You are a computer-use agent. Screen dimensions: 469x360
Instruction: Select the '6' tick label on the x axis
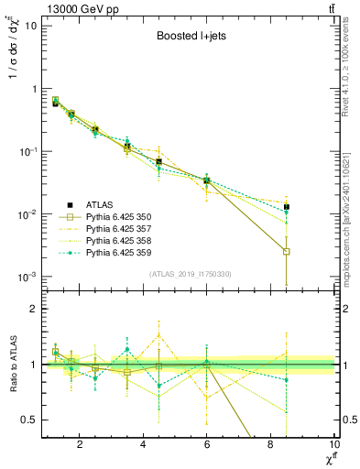tap(207, 445)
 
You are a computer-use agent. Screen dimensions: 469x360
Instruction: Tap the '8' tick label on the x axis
tap(270, 445)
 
